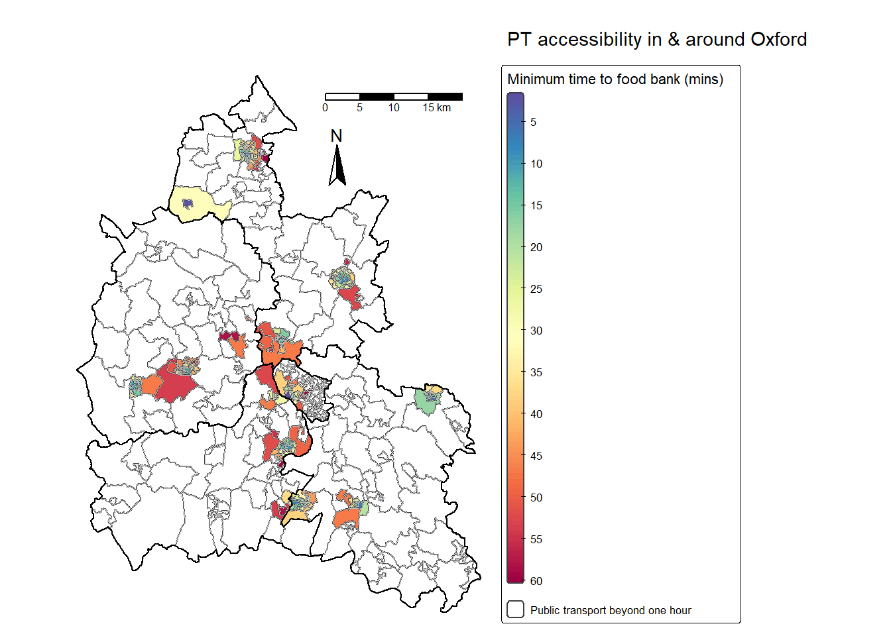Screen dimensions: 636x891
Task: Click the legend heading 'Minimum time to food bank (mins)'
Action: point(615,79)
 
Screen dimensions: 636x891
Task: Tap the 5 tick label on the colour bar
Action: point(533,122)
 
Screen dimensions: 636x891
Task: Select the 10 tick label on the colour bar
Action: point(536,164)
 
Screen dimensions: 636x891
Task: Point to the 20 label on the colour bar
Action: point(536,247)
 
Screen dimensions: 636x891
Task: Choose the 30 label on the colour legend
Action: point(536,331)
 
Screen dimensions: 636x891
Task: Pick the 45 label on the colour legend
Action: point(536,456)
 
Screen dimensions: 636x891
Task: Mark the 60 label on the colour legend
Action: point(536,581)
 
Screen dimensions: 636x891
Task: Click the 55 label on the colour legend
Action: point(536,539)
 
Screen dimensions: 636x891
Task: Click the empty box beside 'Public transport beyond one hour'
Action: point(515,609)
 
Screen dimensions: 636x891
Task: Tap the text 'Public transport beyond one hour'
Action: point(611,610)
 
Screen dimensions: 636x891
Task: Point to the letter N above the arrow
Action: point(337,136)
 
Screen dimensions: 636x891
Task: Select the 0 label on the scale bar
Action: point(325,108)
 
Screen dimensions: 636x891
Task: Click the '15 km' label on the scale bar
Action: point(437,108)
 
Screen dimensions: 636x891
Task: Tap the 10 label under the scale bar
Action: point(394,108)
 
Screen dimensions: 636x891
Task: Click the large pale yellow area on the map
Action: point(199,207)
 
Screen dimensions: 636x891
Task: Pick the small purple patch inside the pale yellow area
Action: point(188,203)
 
